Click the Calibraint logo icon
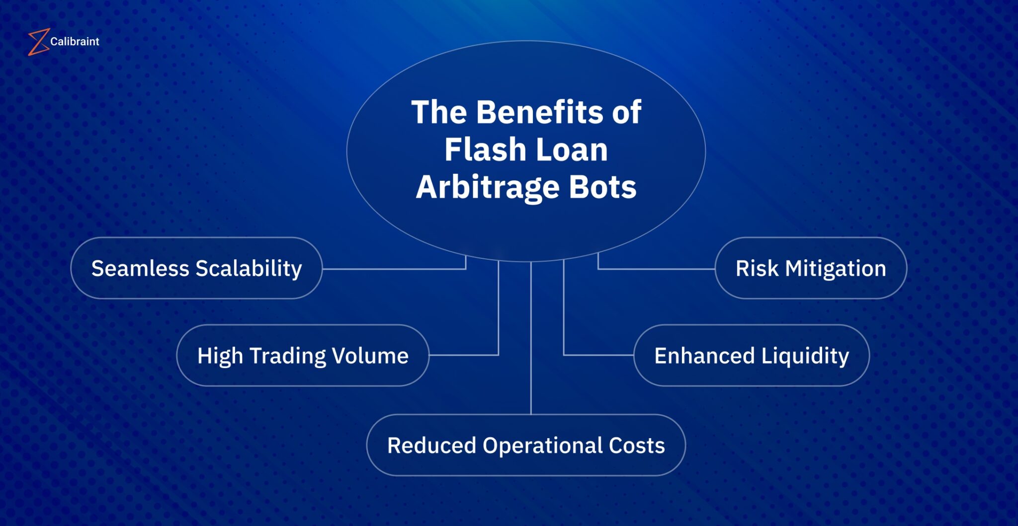tap(38, 42)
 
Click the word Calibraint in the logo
tap(75, 42)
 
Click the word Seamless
tap(140, 269)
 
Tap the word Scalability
tap(249, 269)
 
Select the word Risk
tap(757, 269)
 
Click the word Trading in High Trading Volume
tap(288, 356)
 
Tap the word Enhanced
tap(704, 356)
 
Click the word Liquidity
tap(805, 356)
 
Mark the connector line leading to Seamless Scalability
tap(393, 269)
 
